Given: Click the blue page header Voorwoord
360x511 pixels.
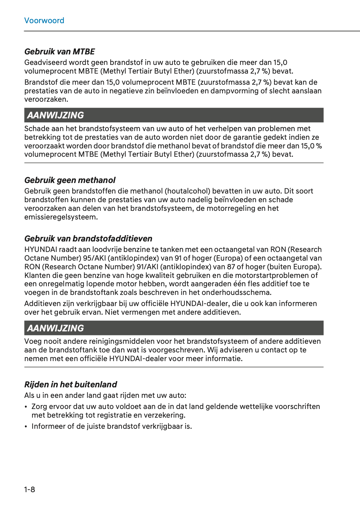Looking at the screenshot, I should (x=44, y=21).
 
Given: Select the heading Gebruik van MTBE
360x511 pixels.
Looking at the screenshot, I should (x=59, y=52).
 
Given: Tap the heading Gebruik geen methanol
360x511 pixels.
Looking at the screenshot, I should (x=70, y=180).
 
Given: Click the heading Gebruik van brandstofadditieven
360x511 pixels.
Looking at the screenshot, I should (x=88, y=239).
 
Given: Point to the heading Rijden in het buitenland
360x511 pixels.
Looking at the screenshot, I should (x=70, y=385).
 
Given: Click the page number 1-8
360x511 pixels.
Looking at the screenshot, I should (x=30, y=489).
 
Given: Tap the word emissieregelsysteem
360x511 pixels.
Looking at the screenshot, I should (x=61, y=217).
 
